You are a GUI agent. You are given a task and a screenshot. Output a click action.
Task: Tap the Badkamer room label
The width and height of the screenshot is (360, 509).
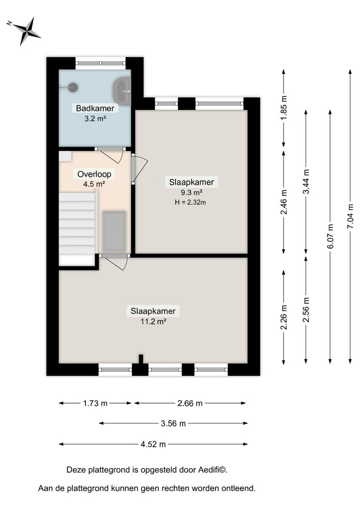(x=95, y=108)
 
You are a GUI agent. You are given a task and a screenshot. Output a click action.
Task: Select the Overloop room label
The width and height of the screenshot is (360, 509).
(x=94, y=174)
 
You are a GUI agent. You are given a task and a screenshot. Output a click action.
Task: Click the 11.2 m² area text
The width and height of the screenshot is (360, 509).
(x=153, y=321)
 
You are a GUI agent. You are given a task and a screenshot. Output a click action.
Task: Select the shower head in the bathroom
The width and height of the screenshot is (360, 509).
(x=73, y=88)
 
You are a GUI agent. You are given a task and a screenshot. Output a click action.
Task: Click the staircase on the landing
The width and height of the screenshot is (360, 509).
(x=77, y=224)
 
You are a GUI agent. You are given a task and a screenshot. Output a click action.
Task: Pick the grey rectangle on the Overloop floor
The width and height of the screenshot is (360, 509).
(x=114, y=232)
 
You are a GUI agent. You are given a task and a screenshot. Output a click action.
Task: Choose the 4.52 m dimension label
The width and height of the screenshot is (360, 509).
(x=154, y=444)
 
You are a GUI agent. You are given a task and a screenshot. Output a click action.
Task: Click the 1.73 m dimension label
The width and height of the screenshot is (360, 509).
(x=95, y=404)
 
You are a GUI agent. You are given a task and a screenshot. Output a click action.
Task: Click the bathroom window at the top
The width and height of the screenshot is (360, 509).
(x=100, y=64)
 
